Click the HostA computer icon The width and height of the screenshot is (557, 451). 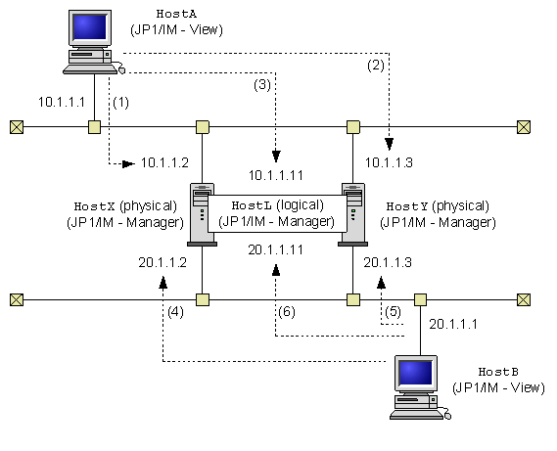point(94,41)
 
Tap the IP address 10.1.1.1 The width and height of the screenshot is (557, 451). point(62,102)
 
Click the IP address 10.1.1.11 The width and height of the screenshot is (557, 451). point(276,175)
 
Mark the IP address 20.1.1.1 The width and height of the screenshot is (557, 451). point(453,323)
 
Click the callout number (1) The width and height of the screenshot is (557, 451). point(121,102)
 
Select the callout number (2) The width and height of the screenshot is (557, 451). point(376,66)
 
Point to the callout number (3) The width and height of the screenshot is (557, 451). point(261,85)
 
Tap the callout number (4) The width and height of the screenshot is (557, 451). point(175,313)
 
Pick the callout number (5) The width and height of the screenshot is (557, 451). point(391,313)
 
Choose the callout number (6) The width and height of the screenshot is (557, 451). point(291,313)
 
